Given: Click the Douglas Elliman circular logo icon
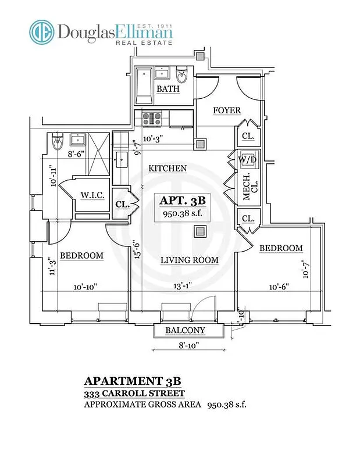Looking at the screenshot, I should pyautogui.click(x=43, y=33).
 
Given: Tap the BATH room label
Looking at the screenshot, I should pyautogui.click(x=167, y=90).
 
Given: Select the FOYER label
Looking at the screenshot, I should pyautogui.click(x=226, y=110).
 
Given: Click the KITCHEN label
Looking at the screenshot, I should pyautogui.click(x=167, y=169).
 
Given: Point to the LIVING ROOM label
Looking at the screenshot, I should pyautogui.click(x=190, y=260).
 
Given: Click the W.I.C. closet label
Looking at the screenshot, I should pyautogui.click(x=92, y=196).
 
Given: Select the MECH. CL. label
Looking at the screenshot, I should pyautogui.click(x=247, y=187).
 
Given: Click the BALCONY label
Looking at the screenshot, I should pyautogui.click(x=185, y=331).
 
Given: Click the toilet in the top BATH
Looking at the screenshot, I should pyautogui.click(x=181, y=77).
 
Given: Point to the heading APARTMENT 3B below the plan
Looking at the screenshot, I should pyautogui.click(x=133, y=381).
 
